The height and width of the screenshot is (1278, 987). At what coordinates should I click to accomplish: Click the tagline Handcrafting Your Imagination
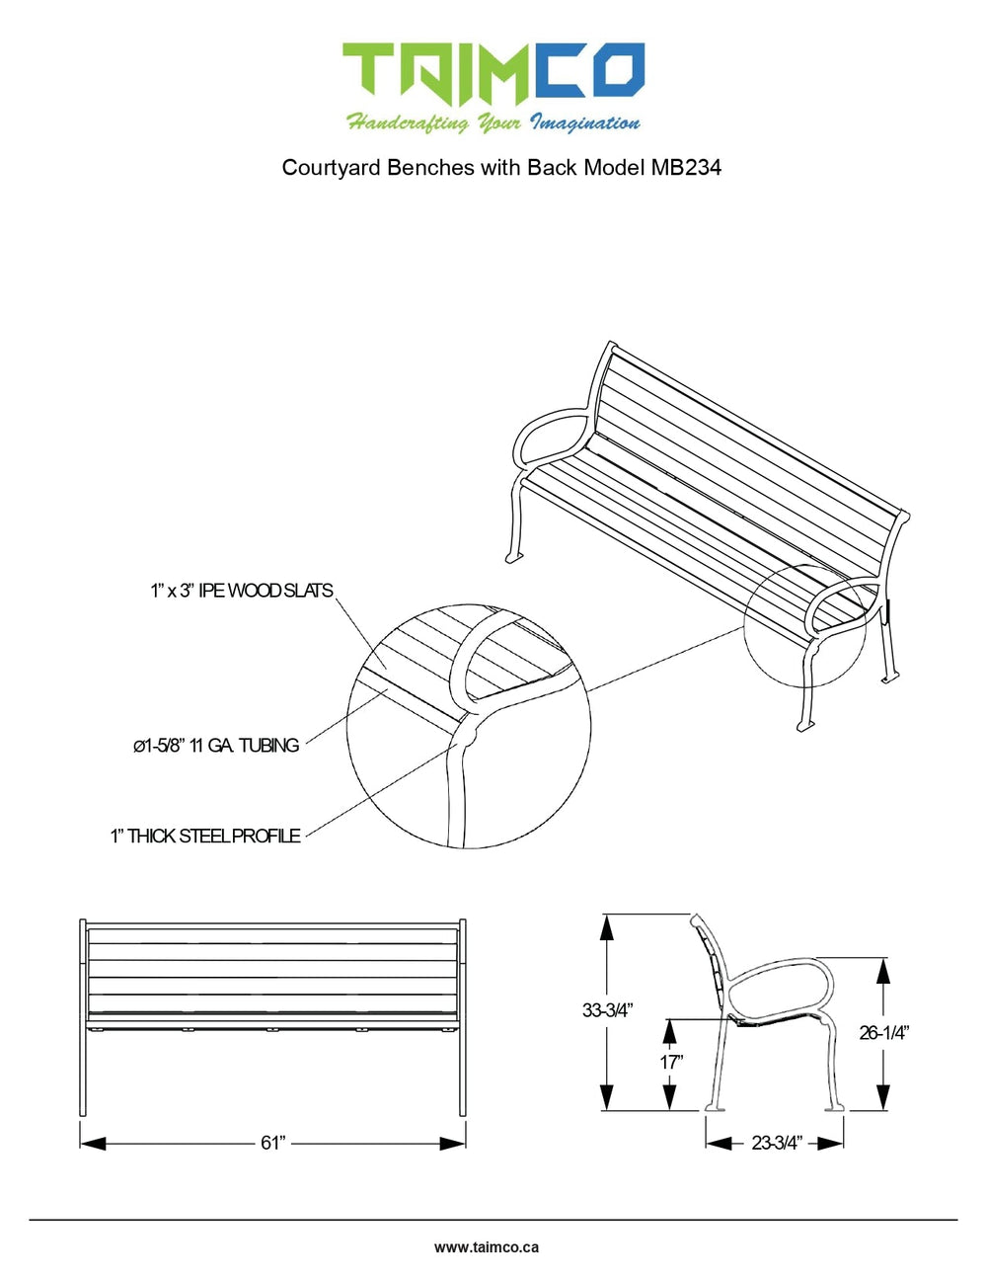click(x=493, y=123)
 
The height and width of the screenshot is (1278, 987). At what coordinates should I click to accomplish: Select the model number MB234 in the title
click(x=686, y=167)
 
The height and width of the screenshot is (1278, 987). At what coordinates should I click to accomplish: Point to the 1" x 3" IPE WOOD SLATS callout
click(x=242, y=591)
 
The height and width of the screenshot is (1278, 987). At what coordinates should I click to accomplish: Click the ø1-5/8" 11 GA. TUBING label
click(x=216, y=746)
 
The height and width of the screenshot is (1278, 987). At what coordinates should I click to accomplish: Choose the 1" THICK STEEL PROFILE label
click(x=205, y=837)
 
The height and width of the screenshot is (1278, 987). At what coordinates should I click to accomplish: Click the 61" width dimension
click(x=272, y=1143)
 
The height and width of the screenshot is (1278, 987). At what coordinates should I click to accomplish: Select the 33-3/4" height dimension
click(x=606, y=1009)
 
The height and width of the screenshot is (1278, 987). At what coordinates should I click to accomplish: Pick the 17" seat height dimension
click(x=671, y=1062)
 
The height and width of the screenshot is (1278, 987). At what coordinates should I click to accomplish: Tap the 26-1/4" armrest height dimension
click(x=883, y=1033)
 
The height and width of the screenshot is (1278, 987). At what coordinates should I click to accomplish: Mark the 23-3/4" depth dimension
click(x=777, y=1143)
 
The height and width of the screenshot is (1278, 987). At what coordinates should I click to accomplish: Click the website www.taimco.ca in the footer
click(x=487, y=1247)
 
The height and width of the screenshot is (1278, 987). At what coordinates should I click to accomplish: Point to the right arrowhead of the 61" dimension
click(x=453, y=1143)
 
